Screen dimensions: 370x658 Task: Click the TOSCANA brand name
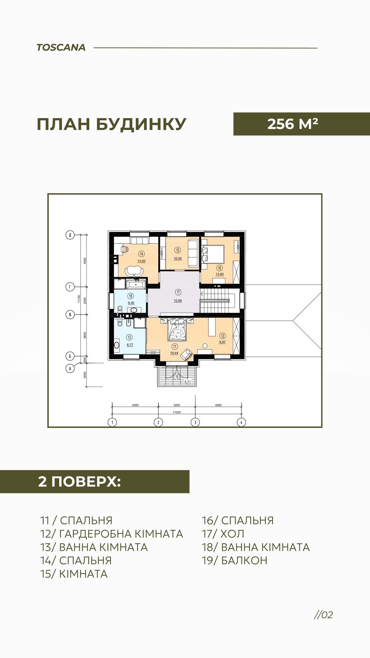(x=61, y=48)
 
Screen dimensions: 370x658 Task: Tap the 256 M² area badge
(x=302, y=124)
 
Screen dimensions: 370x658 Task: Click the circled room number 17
(x=178, y=292)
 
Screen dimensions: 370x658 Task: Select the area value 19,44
(x=174, y=353)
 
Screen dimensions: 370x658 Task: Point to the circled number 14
(x=141, y=254)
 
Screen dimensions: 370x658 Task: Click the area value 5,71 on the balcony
(x=188, y=382)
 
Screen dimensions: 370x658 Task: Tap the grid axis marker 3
(x=195, y=422)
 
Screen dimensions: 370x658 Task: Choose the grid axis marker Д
(x=70, y=235)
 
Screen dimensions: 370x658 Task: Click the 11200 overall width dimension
(x=177, y=412)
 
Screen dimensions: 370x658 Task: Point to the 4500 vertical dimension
(x=85, y=261)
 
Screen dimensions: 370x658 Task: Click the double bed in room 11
(x=176, y=329)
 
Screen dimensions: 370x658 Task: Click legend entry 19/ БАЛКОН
(x=234, y=560)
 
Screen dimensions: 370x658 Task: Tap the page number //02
(x=324, y=615)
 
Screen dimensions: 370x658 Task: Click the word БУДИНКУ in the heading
(x=141, y=125)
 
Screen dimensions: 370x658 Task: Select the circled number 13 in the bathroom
(x=129, y=337)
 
